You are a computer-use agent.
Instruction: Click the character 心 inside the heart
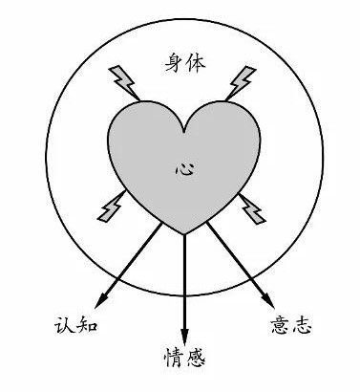click(x=185, y=167)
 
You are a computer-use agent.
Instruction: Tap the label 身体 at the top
click(x=185, y=63)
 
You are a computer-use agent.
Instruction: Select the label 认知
click(x=75, y=325)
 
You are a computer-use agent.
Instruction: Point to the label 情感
click(x=184, y=358)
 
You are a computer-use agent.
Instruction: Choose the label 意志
click(x=291, y=325)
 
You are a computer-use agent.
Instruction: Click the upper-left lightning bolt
click(x=124, y=82)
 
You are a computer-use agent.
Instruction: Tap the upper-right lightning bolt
click(x=241, y=82)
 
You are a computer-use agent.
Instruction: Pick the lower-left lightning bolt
click(x=111, y=206)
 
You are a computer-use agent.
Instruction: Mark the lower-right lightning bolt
click(x=252, y=208)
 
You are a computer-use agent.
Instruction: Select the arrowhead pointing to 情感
click(x=184, y=337)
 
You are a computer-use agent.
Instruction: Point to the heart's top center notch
click(x=184, y=131)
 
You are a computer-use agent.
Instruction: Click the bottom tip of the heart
click(x=184, y=234)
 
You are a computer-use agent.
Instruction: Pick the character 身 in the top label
click(x=176, y=63)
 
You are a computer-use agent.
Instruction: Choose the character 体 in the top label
click(x=196, y=63)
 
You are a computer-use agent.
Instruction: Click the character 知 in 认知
click(x=87, y=326)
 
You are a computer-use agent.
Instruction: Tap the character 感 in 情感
click(x=195, y=358)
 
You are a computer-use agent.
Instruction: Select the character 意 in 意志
click(x=281, y=325)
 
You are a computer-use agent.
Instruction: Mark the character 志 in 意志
click(x=302, y=325)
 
